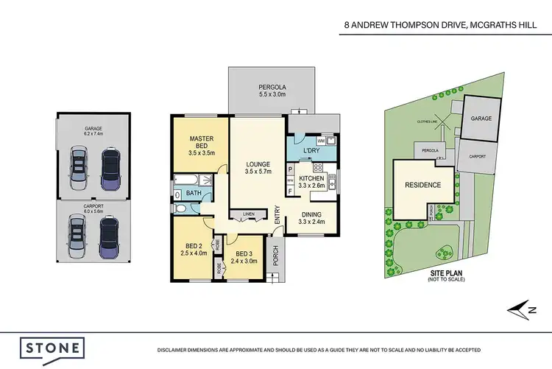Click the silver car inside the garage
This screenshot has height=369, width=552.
click(x=78, y=168)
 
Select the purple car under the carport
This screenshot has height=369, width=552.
click(x=109, y=237)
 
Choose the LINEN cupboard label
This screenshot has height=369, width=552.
click(x=248, y=214)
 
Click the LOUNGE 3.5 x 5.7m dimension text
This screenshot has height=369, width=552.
click(x=258, y=173)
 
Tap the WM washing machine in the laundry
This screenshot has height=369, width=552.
click(x=321, y=140)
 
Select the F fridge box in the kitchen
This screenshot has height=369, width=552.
click(x=291, y=191)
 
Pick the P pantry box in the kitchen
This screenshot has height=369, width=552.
click(x=291, y=169)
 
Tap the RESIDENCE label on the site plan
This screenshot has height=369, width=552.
click(x=423, y=185)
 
